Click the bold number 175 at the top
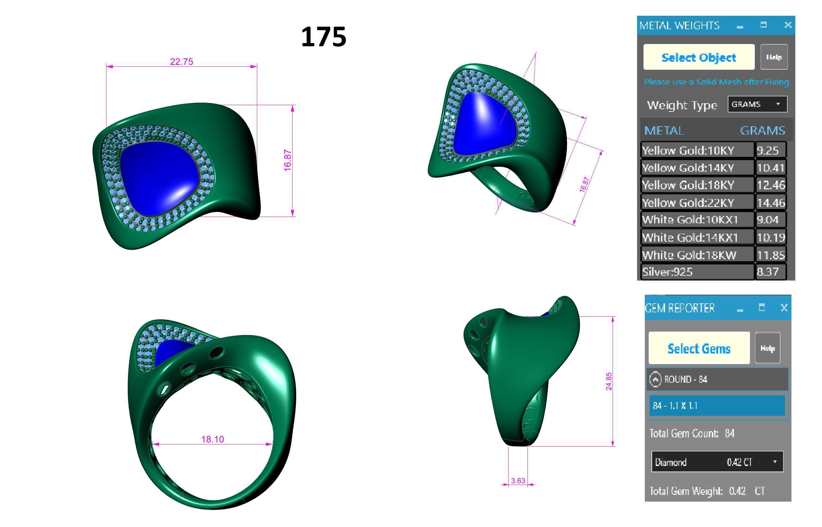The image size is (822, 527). (323, 37)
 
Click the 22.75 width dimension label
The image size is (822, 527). (181, 62)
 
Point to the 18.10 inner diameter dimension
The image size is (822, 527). (212, 439)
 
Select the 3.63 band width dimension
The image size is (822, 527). (518, 480)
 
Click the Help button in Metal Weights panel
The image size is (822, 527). (774, 57)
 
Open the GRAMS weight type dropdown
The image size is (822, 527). (757, 104)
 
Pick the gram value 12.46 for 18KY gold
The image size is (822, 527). (771, 185)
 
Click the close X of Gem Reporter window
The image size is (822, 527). (784, 308)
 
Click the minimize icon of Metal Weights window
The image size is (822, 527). (740, 26)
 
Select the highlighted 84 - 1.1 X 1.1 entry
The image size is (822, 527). (717, 406)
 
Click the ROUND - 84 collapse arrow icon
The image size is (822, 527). (655, 379)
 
